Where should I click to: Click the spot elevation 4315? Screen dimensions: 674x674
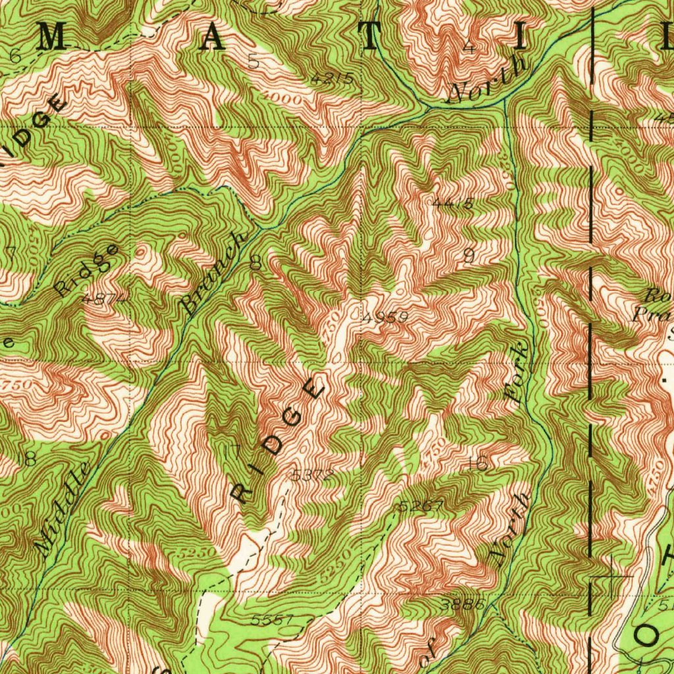pos(332,78)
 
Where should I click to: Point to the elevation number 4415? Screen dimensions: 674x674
pos(453,204)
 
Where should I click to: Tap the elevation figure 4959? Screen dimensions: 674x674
pos(385,317)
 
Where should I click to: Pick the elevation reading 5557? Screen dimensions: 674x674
pos(271,620)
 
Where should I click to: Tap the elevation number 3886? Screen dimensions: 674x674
pos(465,604)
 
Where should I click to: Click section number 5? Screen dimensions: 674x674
pos(254,62)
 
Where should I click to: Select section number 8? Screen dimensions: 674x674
pos(255,263)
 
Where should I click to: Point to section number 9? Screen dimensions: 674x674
pos(469,257)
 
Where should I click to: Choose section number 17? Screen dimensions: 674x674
pos(232,453)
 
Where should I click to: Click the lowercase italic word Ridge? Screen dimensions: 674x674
pos(87,270)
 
